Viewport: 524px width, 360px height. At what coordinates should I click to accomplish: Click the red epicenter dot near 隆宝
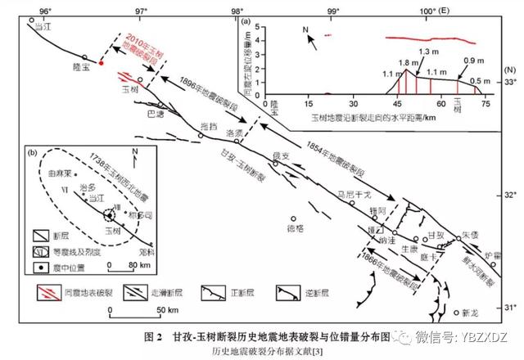click(101, 63)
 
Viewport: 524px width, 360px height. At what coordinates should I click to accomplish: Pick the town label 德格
click(293, 229)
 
